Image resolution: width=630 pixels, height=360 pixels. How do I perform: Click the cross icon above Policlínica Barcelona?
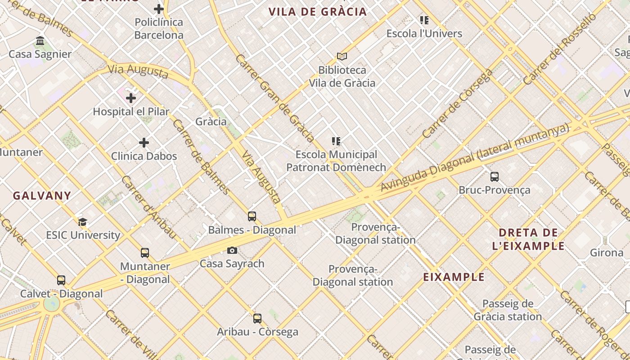tap(158, 9)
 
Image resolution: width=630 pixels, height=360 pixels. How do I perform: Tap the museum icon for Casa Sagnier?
tap(40, 41)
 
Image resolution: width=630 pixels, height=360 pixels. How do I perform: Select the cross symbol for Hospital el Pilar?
tap(131, 98)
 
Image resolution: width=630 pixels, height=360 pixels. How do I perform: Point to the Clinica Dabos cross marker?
tap(144, 143)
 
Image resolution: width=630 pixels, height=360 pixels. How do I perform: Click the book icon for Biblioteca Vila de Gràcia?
tap(342, 57)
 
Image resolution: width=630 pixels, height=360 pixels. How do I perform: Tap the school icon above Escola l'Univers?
tap(424, 20)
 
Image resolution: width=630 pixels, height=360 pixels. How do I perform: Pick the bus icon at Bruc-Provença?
tap(494, 176)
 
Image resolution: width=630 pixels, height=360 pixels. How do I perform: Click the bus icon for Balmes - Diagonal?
tap(252, 216)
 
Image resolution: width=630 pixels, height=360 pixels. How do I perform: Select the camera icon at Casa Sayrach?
tap(232, 251)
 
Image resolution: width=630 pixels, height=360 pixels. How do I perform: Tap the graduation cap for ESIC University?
tap(82, 222)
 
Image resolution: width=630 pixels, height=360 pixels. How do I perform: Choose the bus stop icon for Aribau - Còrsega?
tap(257, 319)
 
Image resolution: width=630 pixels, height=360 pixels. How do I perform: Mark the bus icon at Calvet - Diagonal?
tap(61, 280)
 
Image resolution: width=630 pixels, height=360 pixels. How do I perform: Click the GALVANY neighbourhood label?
tap(42, 196)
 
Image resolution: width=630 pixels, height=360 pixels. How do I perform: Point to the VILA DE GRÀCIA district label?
tap(318, 12)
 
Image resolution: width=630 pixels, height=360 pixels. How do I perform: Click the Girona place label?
tap(607, 252)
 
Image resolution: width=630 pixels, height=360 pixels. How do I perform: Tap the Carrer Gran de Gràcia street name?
tap(274, 98)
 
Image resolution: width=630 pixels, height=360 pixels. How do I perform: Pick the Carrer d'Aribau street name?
tap(148, 207)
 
